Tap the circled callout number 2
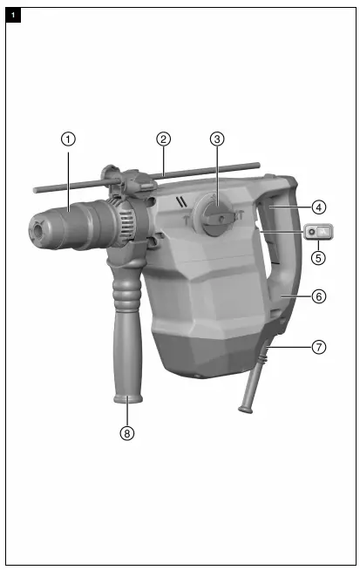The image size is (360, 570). pyautogui.click(x=163, y=138)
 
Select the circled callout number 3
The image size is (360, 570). pyautogui.click(x=218, y=138)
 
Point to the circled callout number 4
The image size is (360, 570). pyautogui.click(x=320, y=207)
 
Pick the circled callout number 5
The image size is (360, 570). pyautogui.click(x=320, y=258)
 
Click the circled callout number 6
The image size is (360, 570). pyautogui.click(x=320, y=296)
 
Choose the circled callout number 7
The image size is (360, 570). pyautogui.click(x=320, y=347)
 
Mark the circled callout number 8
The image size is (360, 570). pyautogui.click(x=128, y=431)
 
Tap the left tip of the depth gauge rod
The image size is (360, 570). pyautogui.click(x=35, y=187)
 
